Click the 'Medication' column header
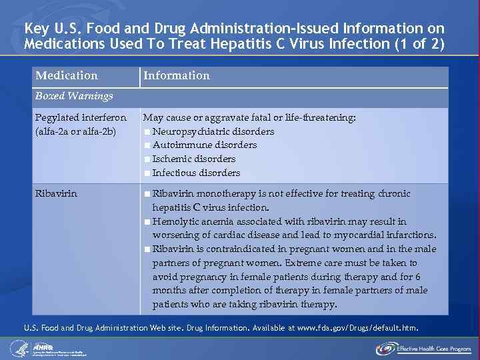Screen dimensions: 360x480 (x=66, y=76)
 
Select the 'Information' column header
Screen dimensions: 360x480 (x=177, y=76)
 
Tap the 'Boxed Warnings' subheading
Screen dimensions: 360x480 (x=74, y=96)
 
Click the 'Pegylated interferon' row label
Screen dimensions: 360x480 (x=81, y=117)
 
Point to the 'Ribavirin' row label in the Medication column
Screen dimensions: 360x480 (x=56, y=193)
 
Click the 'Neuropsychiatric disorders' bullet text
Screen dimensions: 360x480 (x=213, y=131)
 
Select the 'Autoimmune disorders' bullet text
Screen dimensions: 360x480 (x=205, y=145)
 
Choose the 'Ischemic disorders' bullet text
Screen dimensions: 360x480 (x=194, y=159)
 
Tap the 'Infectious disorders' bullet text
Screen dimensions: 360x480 (x=196, y=173)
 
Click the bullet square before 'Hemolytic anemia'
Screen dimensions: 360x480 (x=147, y=221)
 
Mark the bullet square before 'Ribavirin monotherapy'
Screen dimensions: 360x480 (x=147, y=194)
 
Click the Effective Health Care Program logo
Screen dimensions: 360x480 (x=423, y=348)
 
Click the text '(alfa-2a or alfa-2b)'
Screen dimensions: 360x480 (x=76, y=131)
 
